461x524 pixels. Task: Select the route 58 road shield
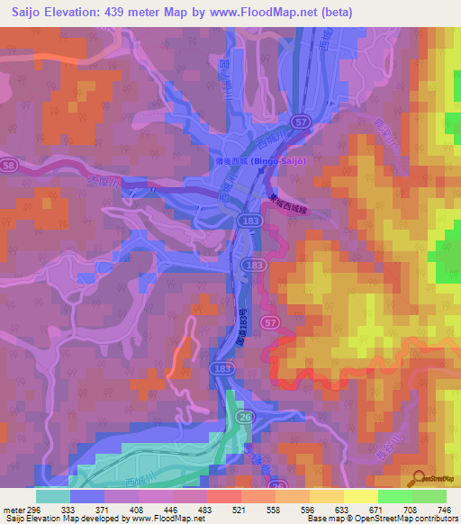click(x=8, y=166)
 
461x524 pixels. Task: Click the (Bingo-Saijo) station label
click(x=280, y=161)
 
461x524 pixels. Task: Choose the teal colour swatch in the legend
click(x=53, y=496)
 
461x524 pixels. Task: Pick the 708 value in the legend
click(x=403, y=509)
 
